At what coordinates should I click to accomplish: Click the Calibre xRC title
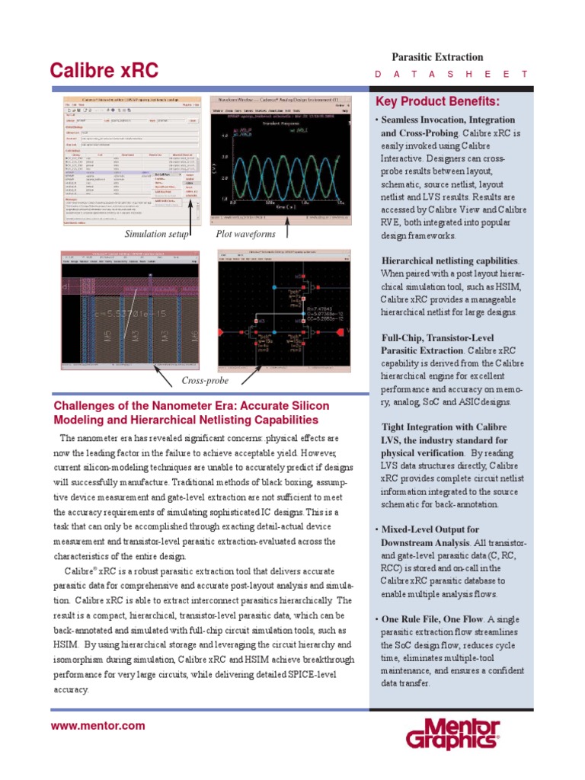tap(104, 71)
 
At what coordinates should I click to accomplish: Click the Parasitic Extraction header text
tap(437, 57)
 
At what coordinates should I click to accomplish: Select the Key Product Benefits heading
tap(437, 102)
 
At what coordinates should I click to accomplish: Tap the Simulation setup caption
tap(156, 234)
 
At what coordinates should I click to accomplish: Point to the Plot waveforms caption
tap(245, 234)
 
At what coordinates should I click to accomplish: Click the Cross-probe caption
tap(205, 380)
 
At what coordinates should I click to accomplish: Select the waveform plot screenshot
tap(281, 161)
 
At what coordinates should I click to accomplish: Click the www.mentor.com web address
tap(97, 726)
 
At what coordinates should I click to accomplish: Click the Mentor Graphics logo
tap(452, 734)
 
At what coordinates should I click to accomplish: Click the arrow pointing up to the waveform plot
tap(287, 229)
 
